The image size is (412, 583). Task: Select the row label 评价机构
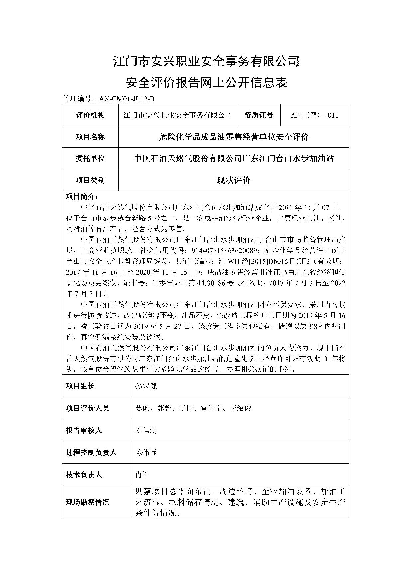click(90, 115)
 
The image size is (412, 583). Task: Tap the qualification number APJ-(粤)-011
click(315, 115)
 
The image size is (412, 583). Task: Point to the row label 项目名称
click(90, 137)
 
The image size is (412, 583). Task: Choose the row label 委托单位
click(90, 158)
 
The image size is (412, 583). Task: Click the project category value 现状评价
click(233, 180)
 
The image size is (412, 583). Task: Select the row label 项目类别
click(90, 180)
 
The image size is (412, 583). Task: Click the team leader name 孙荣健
click(146, 386)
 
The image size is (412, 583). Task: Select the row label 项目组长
click(80, 386)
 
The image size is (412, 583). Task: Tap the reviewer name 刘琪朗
click(146, 430)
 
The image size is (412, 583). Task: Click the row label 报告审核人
click(84, 430)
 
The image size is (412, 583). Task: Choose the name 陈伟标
click(146, 452)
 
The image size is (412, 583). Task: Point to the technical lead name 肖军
click(142, 475)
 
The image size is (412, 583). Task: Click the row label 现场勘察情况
click(87, 502)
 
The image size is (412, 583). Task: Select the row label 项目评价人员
click(87, 408)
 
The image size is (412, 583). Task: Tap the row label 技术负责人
click(84, 475)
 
